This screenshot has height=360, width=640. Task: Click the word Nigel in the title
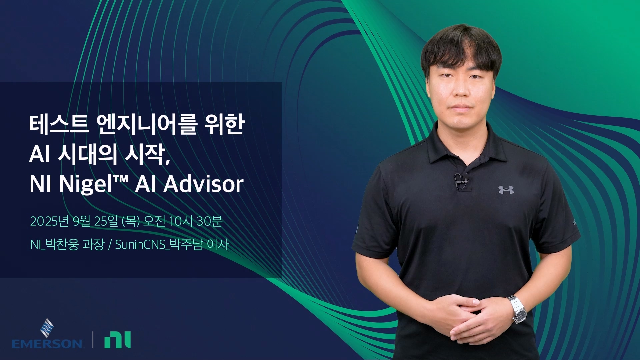pos(86,184)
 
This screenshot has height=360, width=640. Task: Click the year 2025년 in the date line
pos(50,221)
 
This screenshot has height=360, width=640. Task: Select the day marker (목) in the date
pos(131,221)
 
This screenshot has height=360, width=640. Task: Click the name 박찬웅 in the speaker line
pos(62,245)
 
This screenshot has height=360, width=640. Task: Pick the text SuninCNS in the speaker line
pos(140,245)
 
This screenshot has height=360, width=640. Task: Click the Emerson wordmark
pos(47,343)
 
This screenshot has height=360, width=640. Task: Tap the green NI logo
pos(117,340)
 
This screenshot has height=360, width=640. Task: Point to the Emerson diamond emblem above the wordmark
pos(47,328)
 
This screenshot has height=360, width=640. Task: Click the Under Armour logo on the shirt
pos(506,190)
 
